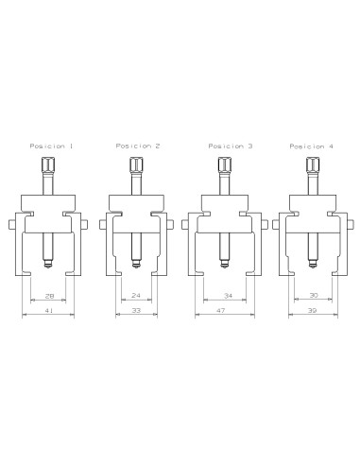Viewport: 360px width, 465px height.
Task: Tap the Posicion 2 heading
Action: [137, 146]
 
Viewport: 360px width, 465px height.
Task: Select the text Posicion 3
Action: [225, 146]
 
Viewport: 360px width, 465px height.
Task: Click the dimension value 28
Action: [47, 295]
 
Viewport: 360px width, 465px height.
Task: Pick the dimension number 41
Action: [47, 310]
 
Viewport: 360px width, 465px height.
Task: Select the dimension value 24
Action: [134, 295]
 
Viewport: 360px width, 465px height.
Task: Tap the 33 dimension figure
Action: [134, 310]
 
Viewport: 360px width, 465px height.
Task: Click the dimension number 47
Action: [222, 310]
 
